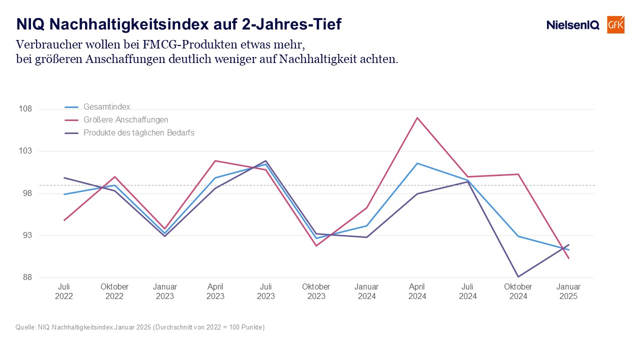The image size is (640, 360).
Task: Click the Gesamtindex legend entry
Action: tap(97, 107)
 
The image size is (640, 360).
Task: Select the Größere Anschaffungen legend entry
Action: tap(116, 119)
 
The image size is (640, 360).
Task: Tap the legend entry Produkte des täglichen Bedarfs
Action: tap(129, 133)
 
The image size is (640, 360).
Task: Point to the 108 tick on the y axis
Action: tap(25, 109)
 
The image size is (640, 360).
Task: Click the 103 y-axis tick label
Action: tap(25, 151)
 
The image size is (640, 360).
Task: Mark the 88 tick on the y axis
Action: tap(27, 277)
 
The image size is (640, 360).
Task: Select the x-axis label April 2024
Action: tap(417, 291)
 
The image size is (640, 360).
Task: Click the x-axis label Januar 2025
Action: tap(568, 291)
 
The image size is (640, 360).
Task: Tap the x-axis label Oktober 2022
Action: tap(114, 291)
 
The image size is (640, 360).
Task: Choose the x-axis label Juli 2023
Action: tap(265, 291)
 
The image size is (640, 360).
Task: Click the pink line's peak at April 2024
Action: tap(417, 117)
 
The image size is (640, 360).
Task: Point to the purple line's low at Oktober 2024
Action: tap(518, 276)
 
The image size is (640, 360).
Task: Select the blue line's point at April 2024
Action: tap(417, 163)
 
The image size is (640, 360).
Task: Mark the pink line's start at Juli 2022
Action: tap(64, 220)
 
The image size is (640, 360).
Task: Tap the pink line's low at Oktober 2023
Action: tap(316, 245)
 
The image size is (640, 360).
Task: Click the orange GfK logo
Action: tap(615, 25)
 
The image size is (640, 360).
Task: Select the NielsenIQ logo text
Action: tap(573, 25)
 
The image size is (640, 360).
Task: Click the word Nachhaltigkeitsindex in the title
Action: tap(129, 24)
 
